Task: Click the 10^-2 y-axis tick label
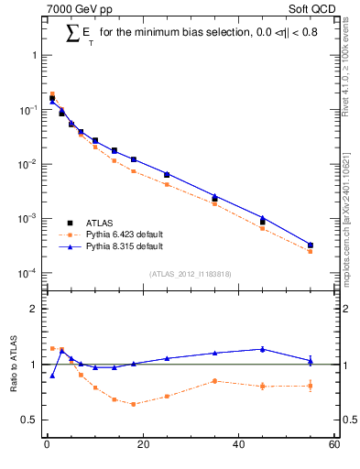click(28, 164)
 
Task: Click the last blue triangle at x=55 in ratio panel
click(311, 361)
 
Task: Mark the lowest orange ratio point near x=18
click(134, 404)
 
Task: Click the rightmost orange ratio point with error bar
click(311, 386)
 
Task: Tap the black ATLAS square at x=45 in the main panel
click(263, 222)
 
